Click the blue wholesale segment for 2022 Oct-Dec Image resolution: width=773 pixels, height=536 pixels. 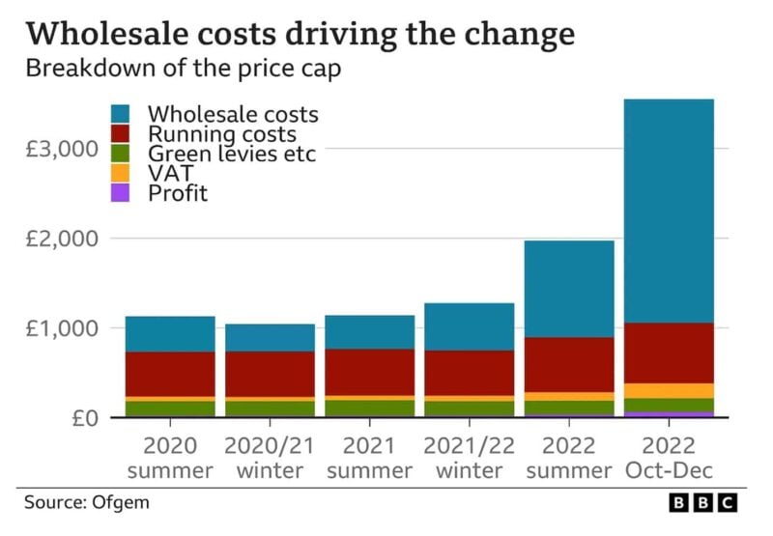[668, 211]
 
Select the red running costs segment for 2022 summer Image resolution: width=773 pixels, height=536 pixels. [568, 364]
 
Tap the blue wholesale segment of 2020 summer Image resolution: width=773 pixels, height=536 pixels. [170, 334]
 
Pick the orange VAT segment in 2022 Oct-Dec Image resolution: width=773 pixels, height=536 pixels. [668, 390]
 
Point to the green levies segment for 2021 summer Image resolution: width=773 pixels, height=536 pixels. [369, 408]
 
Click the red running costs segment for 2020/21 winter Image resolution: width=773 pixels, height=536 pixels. [270, 374]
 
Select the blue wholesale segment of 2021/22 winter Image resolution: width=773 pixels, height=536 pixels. [469, 326]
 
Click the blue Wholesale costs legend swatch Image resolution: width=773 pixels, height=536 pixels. [123, 115]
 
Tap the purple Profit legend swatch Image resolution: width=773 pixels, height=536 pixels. [123, 192]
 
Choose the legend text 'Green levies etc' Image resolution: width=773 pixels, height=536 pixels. [232, 154]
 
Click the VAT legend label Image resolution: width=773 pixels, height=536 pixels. [171, 174]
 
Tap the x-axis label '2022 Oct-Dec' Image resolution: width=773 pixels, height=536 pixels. [668, 458]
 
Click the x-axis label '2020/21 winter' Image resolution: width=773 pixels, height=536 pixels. [270, 458]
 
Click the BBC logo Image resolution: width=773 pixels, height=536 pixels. [703, 503]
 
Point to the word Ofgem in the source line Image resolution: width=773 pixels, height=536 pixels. [121, 503]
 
